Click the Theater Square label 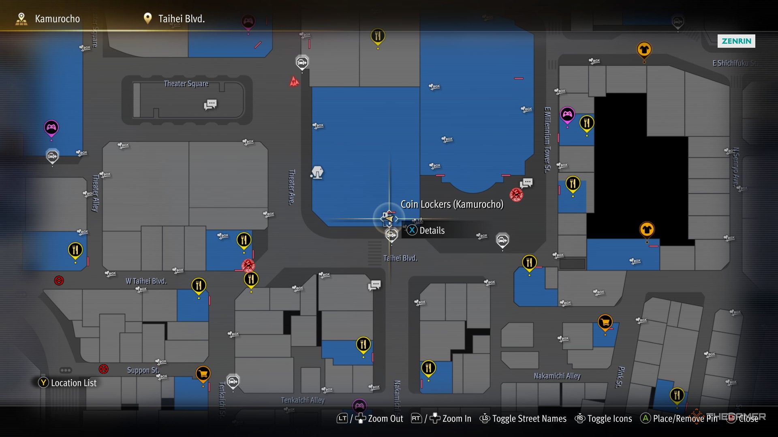(186, 84)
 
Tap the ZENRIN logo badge (736, 41)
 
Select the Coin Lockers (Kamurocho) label (452, 204)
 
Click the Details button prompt (426, 231)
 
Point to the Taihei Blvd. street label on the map (400, 258)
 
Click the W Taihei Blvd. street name (146, 281)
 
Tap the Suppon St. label (143, 370)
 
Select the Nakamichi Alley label (557, 376)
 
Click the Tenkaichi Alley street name (303, 400)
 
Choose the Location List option (68, 383)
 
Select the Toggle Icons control (604, 419)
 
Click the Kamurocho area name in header (57, 19)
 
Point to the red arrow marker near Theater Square (294, 81)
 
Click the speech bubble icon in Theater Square (210, 105)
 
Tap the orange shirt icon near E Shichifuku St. (644, 50)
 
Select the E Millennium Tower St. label (547, 140)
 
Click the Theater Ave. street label (291, 187)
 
